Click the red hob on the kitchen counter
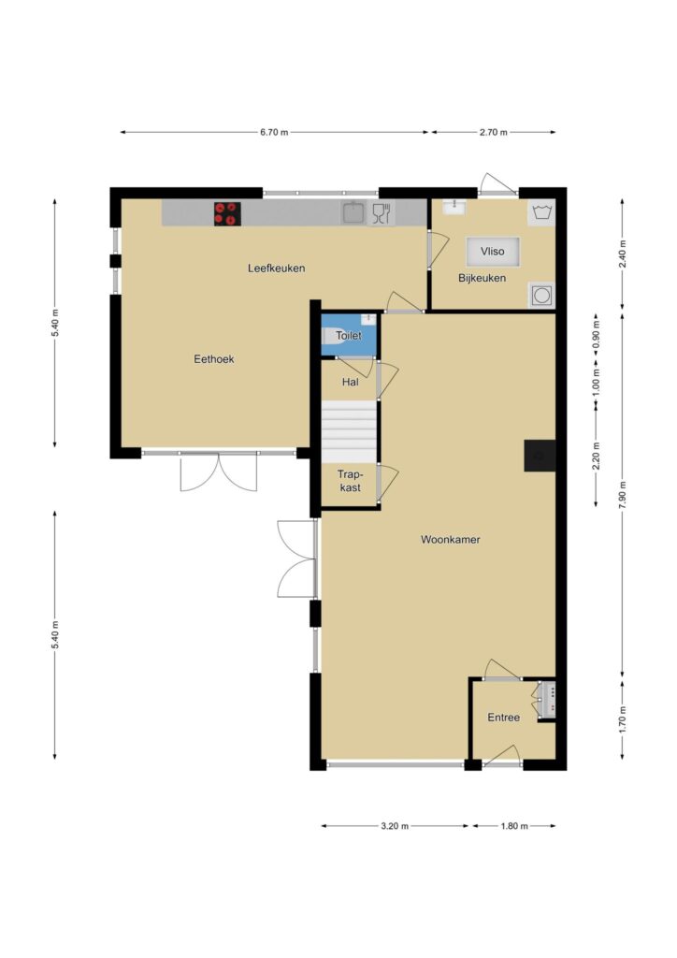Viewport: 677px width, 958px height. (x=227, y=214)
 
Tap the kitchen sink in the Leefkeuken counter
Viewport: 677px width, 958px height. (x=353, y=213)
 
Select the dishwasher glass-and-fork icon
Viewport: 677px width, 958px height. (x=382, y=213)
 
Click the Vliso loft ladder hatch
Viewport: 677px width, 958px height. (x=493, y=251)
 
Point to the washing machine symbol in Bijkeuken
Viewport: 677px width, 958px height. (x=541, y=212)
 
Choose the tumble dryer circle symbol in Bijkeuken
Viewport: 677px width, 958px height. (x=541, y=296)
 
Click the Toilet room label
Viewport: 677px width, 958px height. (x=348, y=336)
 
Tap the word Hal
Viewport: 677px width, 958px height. (x=351, y=382)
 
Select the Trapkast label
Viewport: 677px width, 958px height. (x=350, y=481)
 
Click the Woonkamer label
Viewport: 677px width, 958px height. (x=451, y=540)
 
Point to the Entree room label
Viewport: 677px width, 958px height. (x=504, y=718)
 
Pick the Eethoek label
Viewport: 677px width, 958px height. (x=213, y=359)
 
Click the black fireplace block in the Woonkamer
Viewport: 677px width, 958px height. (x=540, y=456)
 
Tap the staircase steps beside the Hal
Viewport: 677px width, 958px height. (x=349, y=432)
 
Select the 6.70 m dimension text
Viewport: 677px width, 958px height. (x=274, y=132)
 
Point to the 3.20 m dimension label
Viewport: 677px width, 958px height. (x=395, y=826)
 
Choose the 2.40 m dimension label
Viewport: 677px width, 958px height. (x=622, y=254)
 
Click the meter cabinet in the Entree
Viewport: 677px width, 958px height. (x=546, y=700)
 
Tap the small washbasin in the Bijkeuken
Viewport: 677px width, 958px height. (x=454, y=207)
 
